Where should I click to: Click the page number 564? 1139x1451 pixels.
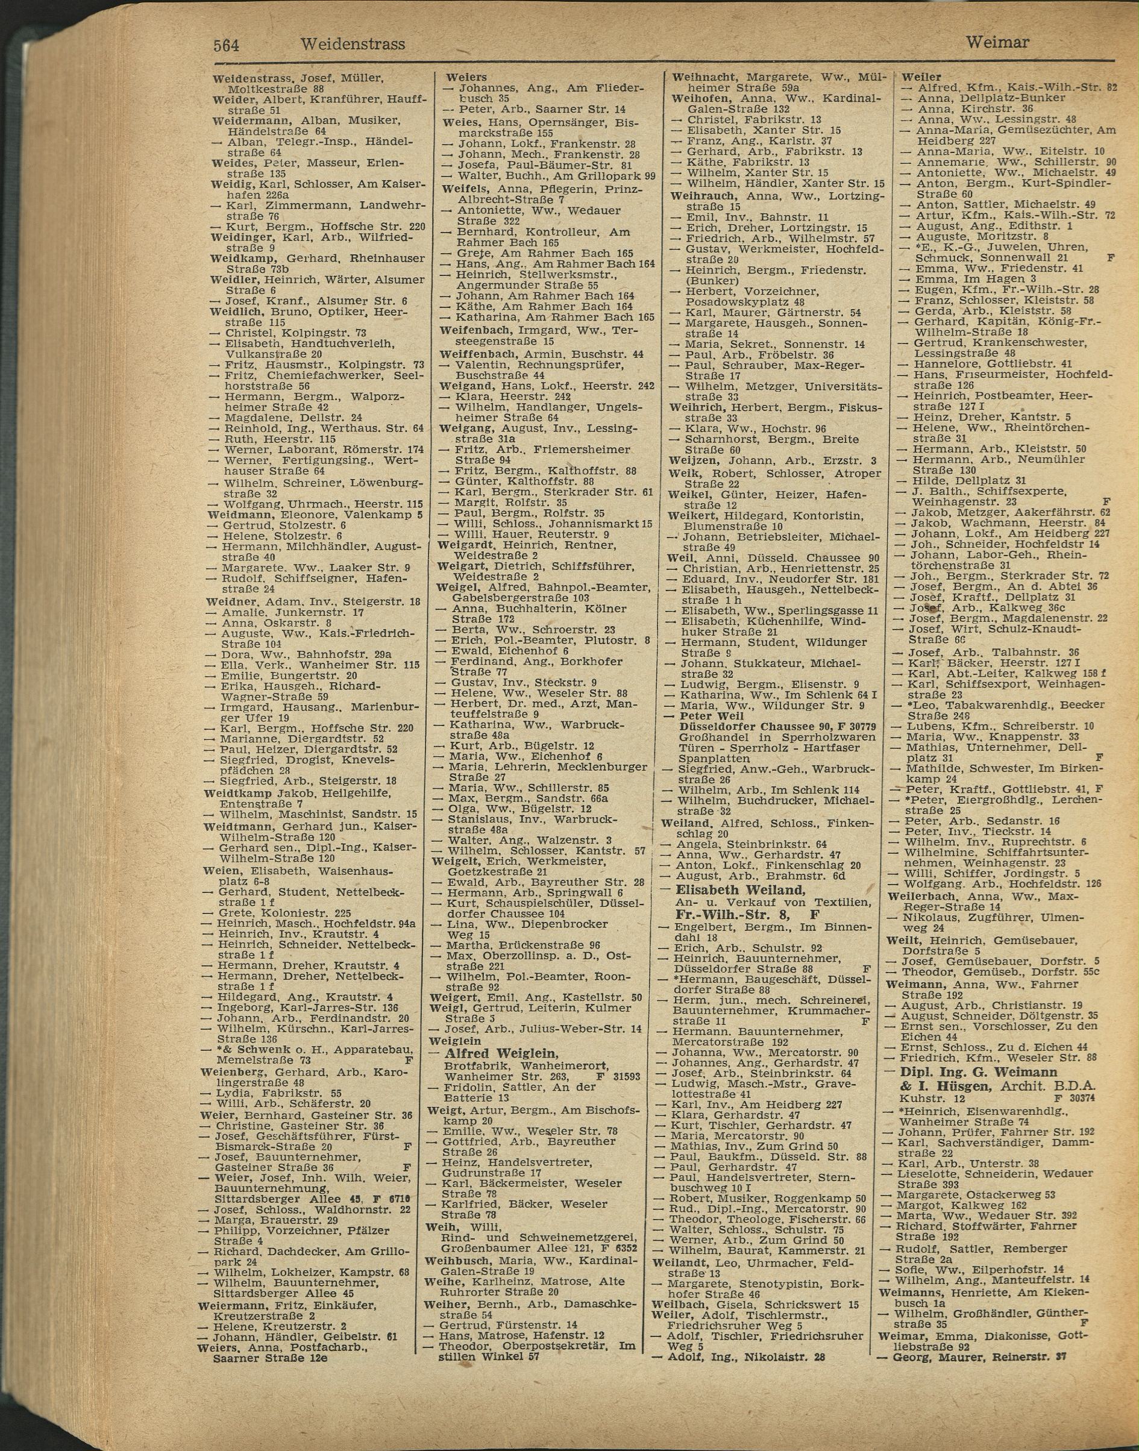point(226,45)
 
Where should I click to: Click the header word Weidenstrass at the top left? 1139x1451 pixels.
point(353,44)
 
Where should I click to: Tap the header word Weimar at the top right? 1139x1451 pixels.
point(997,42)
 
